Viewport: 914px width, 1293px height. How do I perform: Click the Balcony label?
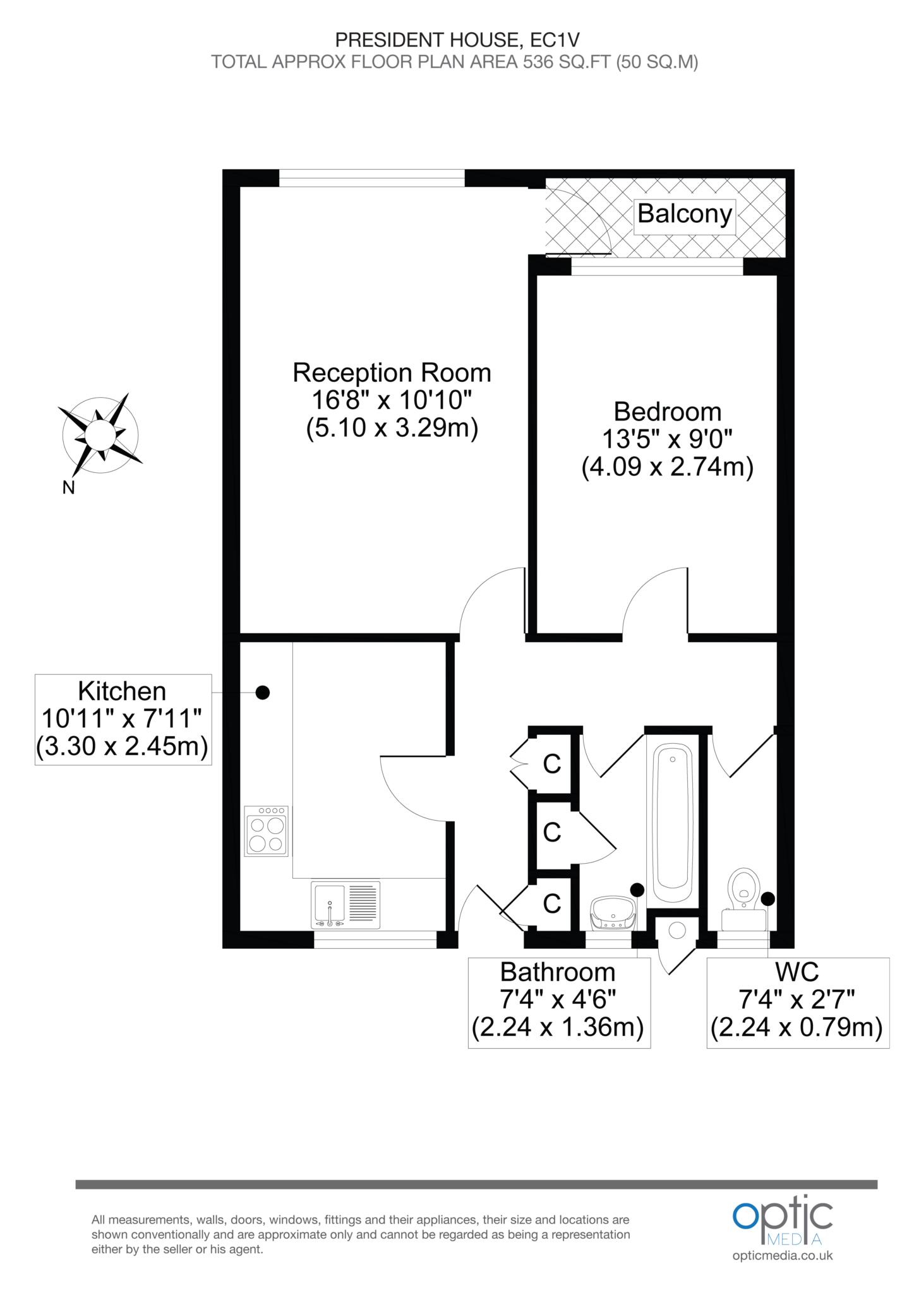tap(685, 214)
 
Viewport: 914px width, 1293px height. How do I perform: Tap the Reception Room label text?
tap(392, 372)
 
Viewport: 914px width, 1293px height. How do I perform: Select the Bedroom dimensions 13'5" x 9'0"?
tap(667, 440)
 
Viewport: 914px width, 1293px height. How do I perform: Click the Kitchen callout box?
tap(123, 720)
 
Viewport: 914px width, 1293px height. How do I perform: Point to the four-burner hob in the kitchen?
tap(267, 831)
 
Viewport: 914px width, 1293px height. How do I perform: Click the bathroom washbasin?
tap(612, 913)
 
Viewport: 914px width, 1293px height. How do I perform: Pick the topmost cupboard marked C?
tap(552, 764)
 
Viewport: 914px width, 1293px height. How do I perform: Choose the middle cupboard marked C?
tap(552, 832)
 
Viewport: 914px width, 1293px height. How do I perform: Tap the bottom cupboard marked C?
tap(552, 903)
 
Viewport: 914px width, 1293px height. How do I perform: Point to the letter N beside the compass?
tap(68, 487)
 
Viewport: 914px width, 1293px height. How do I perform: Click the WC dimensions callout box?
tap(798, 1003)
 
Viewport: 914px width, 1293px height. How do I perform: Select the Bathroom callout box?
tap(559, 1003)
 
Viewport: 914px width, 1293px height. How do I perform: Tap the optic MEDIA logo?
tap(782, 1222)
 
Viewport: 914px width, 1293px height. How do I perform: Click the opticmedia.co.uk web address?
tap(783, 1254)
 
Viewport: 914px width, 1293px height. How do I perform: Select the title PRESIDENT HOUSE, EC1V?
tap(457, 40)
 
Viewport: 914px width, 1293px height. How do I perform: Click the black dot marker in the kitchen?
tap(262, 693)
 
